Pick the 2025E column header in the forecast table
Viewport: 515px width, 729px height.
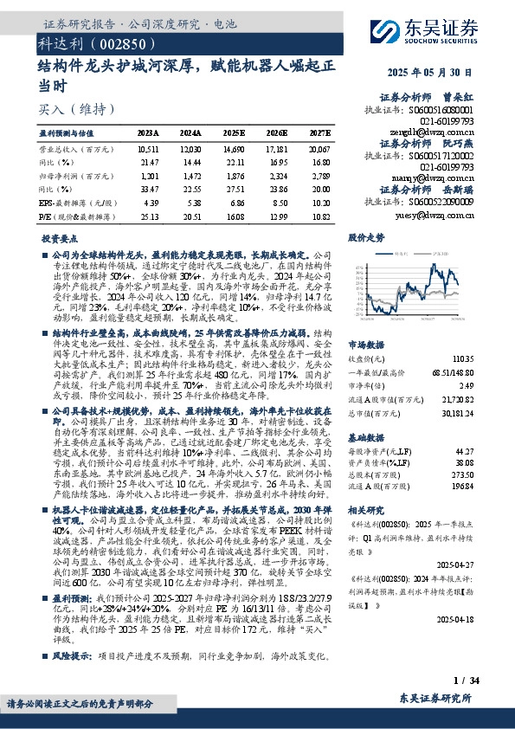coord(234,133)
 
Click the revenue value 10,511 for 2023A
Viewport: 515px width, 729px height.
coord(149,149)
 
